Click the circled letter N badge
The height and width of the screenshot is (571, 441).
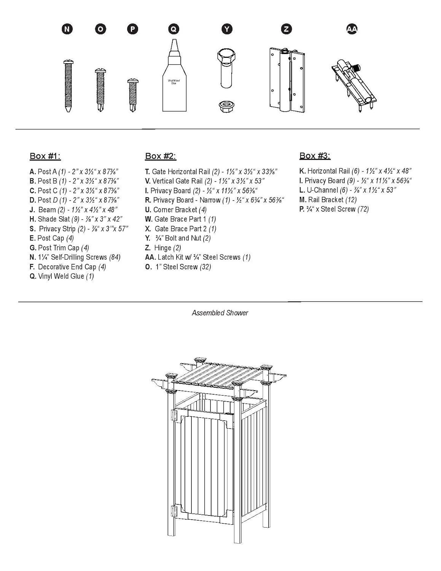67,29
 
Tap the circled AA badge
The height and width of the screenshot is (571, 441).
352,29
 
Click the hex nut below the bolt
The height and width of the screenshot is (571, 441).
226,106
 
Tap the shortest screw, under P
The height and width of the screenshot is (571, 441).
133,95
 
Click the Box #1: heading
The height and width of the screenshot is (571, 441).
45,156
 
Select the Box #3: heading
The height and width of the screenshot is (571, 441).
315,156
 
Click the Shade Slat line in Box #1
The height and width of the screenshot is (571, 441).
75,219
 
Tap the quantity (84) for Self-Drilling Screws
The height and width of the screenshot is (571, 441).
115,257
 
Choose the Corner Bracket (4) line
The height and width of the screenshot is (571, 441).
176,210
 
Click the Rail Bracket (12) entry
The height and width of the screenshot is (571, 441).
328,200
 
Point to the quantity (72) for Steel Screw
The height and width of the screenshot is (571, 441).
363,209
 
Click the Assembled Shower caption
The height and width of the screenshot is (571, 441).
220,313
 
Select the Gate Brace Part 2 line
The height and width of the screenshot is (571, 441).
181,229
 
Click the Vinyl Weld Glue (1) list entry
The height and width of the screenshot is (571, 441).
62,276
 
